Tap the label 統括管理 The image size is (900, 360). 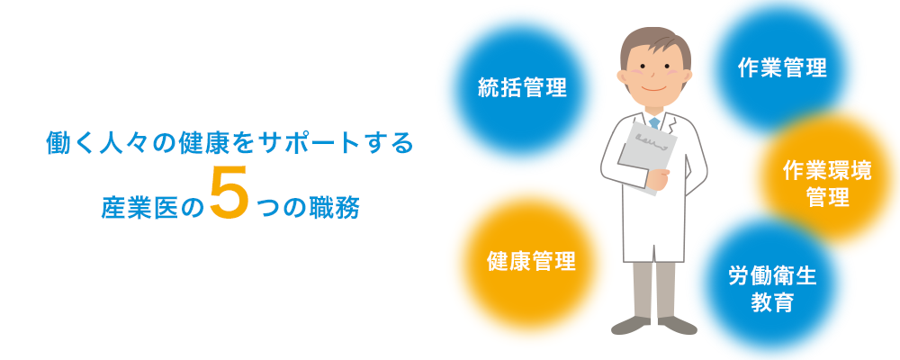pos(522,88)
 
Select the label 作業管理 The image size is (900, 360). pos(782,68)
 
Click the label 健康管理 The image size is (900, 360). pos(531,261)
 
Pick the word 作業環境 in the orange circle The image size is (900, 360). pos(827,171)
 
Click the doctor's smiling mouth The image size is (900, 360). pos(655,89)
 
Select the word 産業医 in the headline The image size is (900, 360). pos(134,209)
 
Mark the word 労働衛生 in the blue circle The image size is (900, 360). pos(772,276)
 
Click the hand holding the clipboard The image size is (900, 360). pos(657,180)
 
